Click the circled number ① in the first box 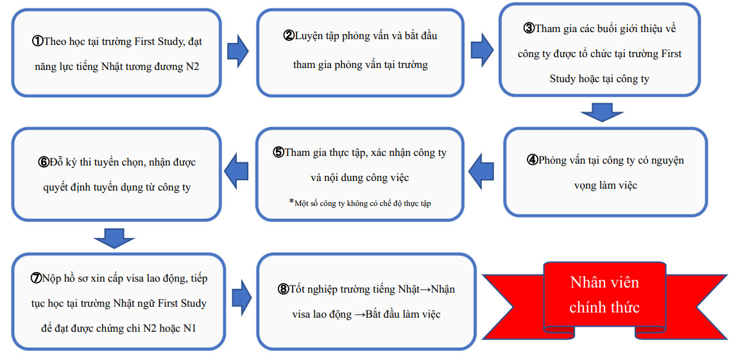(38, 41)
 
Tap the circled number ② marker (289, 36)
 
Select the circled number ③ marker (529, 28)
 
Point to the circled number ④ (532, 160)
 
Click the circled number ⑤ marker (279, 153)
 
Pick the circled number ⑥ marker (43, 162)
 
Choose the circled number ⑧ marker (283, 289)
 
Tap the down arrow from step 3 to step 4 (603, 113)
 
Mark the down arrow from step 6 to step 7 (114, 238)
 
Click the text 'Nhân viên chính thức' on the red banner (604, 295)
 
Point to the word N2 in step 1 (192, 66)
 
